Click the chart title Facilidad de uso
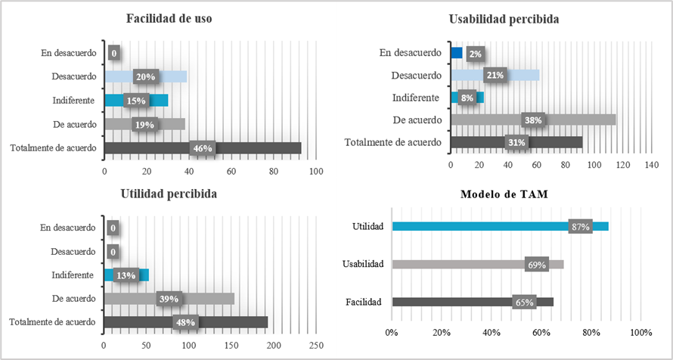tap(169, 20)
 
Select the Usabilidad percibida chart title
tap(504, 20)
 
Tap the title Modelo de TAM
tap(504, 194)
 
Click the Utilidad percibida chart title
tap(169, 194)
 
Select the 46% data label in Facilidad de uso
tap(202, 148)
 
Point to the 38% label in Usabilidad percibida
tap(533, 119)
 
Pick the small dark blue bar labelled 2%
tap(456, 53)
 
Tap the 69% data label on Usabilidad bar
tap(536, 264)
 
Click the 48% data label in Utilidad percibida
tap(185, 322)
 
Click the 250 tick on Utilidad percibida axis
tap(316, 345)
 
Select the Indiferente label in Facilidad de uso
tap(73, 101)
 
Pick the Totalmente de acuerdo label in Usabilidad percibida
tap(392, 142)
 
